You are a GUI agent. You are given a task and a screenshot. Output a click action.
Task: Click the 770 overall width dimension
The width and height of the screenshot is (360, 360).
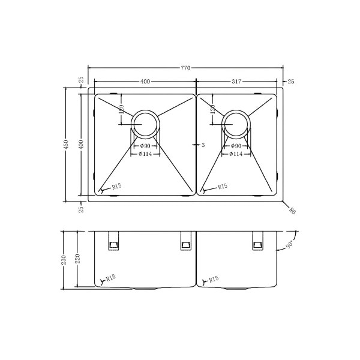(185, 68)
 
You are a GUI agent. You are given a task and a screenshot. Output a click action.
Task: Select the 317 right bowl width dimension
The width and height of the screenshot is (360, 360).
(236, 81)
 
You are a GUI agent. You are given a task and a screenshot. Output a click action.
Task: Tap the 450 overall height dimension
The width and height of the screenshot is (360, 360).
(66, 145)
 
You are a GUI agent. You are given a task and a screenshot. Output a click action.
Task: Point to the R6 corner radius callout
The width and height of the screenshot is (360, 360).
(292, 211)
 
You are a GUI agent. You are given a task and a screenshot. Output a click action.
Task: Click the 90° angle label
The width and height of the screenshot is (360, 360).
(289, 245)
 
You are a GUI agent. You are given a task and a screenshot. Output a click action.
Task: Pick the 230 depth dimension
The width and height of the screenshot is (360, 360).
(64, 260)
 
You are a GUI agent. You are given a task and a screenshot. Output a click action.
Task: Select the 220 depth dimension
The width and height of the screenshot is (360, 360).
(77, 259)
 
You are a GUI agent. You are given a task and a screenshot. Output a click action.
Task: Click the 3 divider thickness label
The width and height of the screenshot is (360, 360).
(203, 145)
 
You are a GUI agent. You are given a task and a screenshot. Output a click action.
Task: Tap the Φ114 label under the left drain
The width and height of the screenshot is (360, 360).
(145, 154)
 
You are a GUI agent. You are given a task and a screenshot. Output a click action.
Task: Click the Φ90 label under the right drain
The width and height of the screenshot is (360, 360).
(236, 146)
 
